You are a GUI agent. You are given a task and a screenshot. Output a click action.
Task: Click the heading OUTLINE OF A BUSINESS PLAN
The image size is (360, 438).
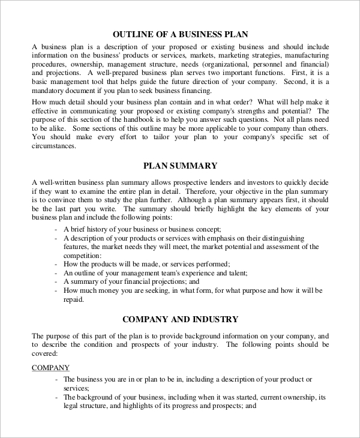tap(180, 34)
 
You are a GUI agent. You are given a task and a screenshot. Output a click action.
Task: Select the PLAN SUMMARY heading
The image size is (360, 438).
tap(180, 166)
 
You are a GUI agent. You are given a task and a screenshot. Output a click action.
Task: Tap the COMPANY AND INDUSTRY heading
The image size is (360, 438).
tap(180, 319)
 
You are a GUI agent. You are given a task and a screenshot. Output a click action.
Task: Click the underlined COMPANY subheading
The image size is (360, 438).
tap(50, 368)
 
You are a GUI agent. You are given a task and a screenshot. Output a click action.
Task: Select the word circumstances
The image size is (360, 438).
tap(53, 145)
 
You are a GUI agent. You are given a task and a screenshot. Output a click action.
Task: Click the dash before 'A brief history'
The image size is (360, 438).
tap(56, 230)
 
